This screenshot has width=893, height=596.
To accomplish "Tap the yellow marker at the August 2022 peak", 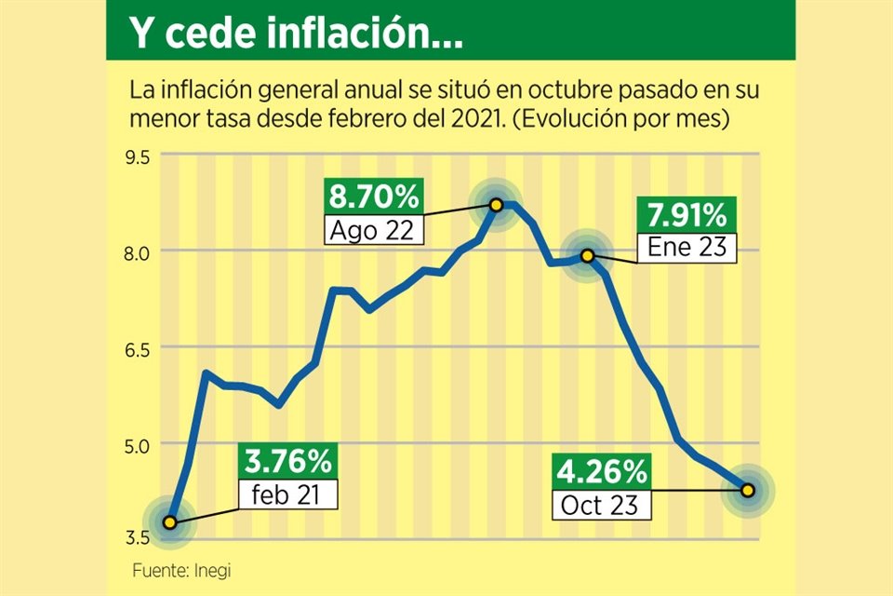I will tap(497, 204).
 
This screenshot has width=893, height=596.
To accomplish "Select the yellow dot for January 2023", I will tap(588, 255).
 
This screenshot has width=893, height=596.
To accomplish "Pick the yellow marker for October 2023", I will tap(748, 490).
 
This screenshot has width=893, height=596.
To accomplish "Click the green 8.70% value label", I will tap(374, 197).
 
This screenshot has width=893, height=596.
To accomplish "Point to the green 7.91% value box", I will tap(686, 216).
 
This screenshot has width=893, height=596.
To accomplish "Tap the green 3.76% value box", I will tap(288, 460).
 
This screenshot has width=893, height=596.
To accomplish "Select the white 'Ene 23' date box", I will tap(686, 248).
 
